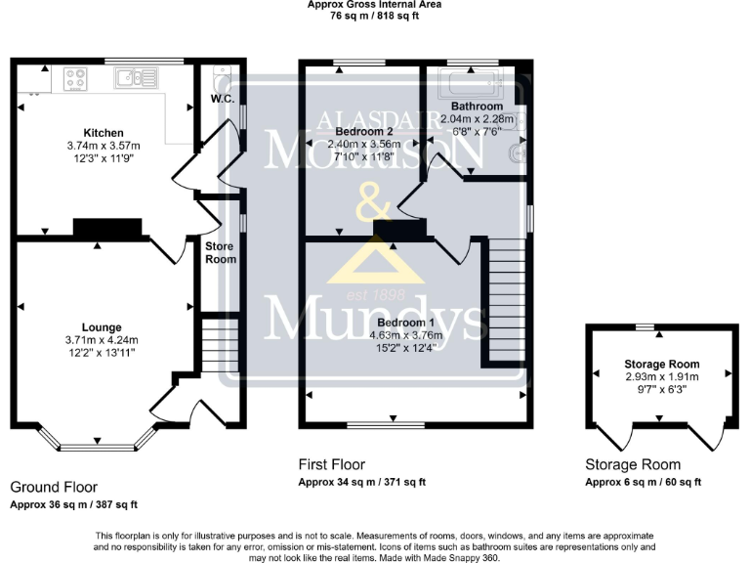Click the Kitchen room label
coord(103,133)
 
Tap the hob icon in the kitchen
coord(77,77)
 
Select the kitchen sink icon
coord(131,76)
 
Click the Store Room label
coord(220,252)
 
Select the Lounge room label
coord(102,326)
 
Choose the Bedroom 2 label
coord(363,131)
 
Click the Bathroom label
coord(477,106)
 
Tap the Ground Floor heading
coord(54,486)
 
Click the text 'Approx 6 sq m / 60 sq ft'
coord(643,482)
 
